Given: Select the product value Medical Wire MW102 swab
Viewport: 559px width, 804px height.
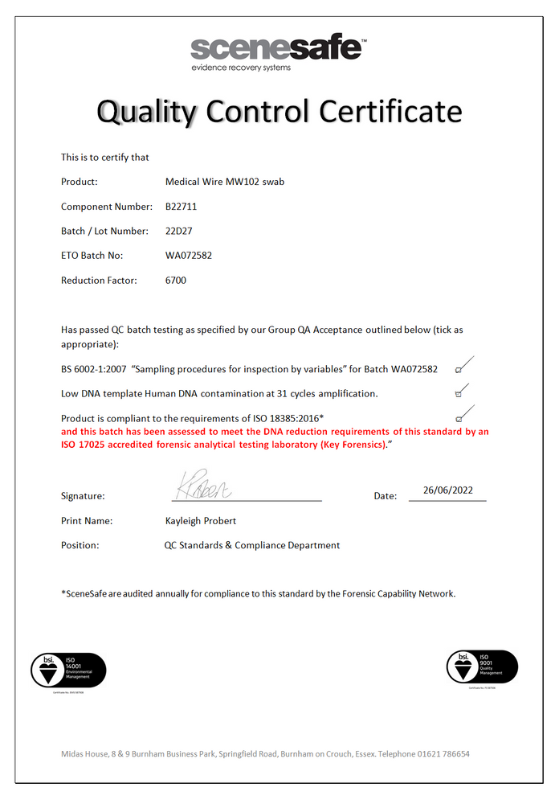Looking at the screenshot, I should tap(224, 182).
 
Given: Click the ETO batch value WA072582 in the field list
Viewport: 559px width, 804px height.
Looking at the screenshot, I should tap(188, 256).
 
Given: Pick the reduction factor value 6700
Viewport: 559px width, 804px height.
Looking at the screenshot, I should tap(176, 281).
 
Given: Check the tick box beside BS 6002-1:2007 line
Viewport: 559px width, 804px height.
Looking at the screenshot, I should tap(458, 370).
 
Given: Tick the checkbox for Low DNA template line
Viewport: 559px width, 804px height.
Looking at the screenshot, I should tap(458, 394).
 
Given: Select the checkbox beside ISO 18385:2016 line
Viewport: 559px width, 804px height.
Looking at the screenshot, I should tap(458, 418).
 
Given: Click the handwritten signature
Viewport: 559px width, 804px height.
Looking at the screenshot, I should tap(202, 486).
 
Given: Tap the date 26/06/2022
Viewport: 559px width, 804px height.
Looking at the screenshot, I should tap(447, 490).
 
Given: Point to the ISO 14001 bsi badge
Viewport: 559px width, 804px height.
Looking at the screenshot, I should tap(68, 671).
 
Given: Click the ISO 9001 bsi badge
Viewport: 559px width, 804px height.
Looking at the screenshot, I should tap(482, 667).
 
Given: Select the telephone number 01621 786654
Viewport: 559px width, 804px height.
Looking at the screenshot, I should tap(443, 754).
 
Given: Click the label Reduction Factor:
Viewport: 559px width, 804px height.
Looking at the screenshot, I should tap(99, 281).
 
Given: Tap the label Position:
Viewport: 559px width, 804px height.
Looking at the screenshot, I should tap(80, 545).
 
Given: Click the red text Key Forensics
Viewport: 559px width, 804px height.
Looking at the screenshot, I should tap(354, 444).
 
